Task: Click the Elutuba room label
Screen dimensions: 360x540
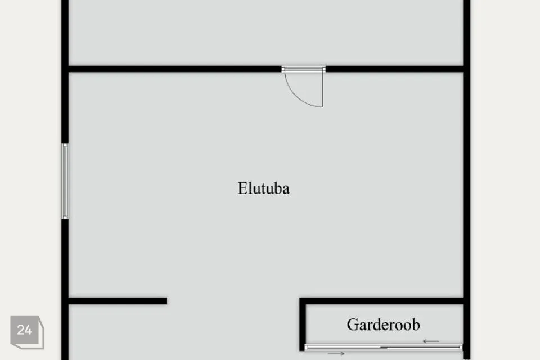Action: click(x=263, y=188)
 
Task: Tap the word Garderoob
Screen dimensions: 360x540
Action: click(x=383, y=325)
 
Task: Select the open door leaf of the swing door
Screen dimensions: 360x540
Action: click(x=322, y=88)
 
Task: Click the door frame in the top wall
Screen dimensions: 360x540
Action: click(x=304, y=69)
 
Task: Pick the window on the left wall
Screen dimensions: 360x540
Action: click(x=65, y=181)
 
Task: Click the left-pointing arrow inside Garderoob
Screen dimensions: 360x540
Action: click(x=431, y=341)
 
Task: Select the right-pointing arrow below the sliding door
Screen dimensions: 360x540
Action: click(x=336, y=353)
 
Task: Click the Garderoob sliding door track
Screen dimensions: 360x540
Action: click(x=384, y=347)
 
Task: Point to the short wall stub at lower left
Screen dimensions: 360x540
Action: click(x=118, y=301)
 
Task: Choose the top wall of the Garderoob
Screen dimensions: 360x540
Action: click(x=382, y=301)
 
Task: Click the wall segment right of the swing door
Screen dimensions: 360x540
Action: click(x=394, y=69)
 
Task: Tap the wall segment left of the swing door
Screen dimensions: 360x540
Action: click(x=174, y=69)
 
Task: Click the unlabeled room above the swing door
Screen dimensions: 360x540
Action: click(x=264, y=31)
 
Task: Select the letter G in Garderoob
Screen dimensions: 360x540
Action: click(x=352, y=325)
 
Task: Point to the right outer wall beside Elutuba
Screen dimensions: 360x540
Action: click(x=466, y=186)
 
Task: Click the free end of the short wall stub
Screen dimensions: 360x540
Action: click(x=165, y=301)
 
